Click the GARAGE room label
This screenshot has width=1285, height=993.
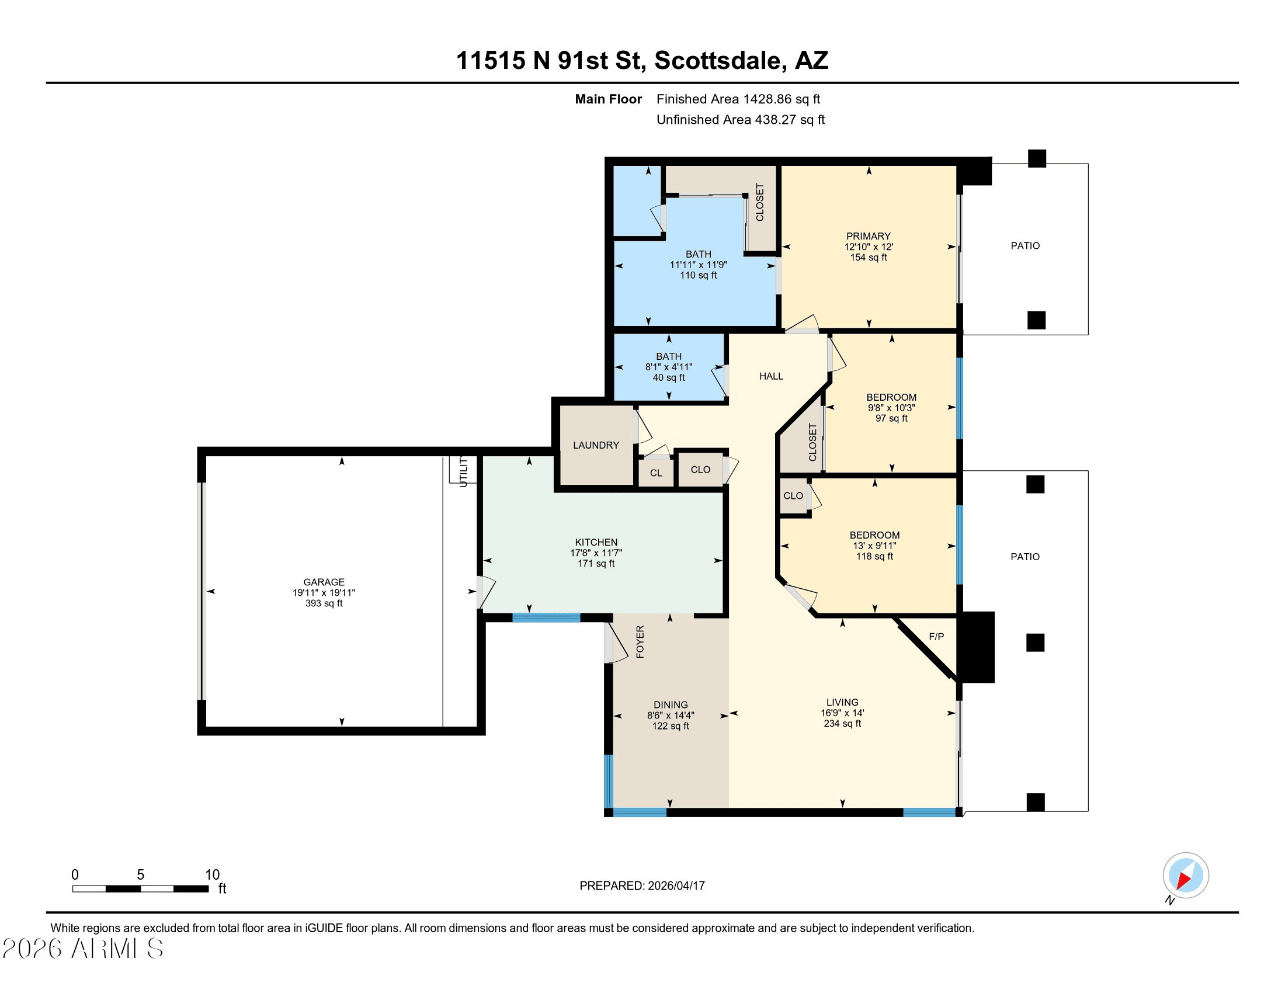(324, 582)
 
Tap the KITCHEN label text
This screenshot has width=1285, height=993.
(596, 542)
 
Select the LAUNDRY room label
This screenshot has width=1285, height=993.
(596, 445)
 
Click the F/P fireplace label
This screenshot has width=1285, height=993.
(936, 637)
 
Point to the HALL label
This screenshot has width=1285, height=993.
(771, 376)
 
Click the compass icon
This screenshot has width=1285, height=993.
(1186, 876)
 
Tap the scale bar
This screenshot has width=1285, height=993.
(141, 888)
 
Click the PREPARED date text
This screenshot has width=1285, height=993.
(642, 886)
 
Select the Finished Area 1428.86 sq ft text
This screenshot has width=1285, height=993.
(738, 99)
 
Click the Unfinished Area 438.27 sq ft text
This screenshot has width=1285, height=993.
(740, 119)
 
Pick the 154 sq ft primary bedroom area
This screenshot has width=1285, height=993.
(869, 257)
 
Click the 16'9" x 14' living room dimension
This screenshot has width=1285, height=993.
(842, 713)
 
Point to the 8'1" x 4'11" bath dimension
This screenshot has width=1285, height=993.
(668, 366)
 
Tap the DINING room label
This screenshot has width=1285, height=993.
(670, 704)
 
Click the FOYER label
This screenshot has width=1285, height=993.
(640, 641)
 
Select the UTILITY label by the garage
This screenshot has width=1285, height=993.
(464, 472)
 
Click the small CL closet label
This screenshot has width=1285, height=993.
(656, 473)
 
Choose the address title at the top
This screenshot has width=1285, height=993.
(642, 60)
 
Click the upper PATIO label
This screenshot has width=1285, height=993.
(1025, 245)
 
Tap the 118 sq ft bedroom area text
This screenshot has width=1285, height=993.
(874, 556)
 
